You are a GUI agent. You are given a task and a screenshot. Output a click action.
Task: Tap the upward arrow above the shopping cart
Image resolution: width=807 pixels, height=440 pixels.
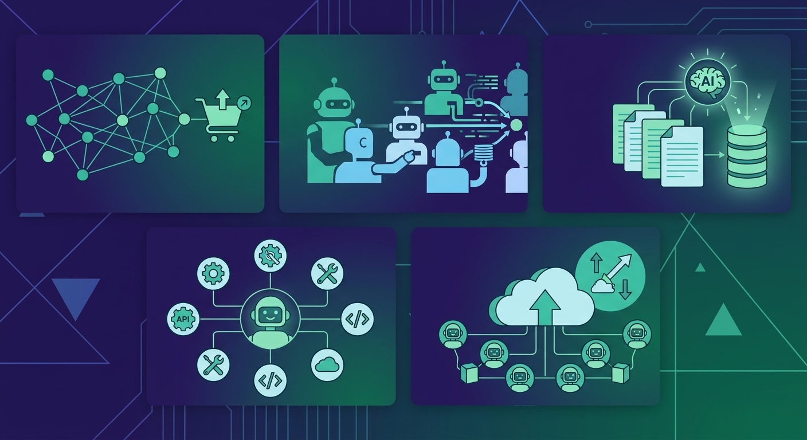[x=222, y=99]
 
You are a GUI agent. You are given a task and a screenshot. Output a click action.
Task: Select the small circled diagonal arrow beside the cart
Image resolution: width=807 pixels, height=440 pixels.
[x=245, y=103]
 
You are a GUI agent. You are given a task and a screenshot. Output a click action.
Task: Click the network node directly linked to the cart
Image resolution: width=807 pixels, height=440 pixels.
[x=184, y=119]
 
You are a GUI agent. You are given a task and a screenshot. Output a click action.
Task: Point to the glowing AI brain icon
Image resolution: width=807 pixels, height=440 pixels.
[x=702, y=84]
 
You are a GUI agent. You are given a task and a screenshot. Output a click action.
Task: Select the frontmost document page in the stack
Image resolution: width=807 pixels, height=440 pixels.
[x=683, y=156]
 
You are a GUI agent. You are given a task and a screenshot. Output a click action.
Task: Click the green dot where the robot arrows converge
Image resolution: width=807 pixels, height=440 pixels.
[x=516, y=125]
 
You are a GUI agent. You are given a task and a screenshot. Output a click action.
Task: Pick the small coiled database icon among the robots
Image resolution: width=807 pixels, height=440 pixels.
[x=483, y=152]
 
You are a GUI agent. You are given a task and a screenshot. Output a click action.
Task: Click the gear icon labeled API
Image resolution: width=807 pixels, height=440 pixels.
[x=183, y=319]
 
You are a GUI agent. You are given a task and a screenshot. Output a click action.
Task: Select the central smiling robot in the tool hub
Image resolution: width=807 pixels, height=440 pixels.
[x=270, y=320]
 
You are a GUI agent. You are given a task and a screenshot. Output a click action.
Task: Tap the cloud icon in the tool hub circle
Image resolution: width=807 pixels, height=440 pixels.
[x=327, y=365]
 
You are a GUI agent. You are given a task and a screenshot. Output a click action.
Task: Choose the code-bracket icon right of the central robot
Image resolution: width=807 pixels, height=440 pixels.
[x=358, y=319]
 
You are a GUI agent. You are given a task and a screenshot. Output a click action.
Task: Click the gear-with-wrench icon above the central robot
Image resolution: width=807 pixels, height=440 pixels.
[x=270, y=256]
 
